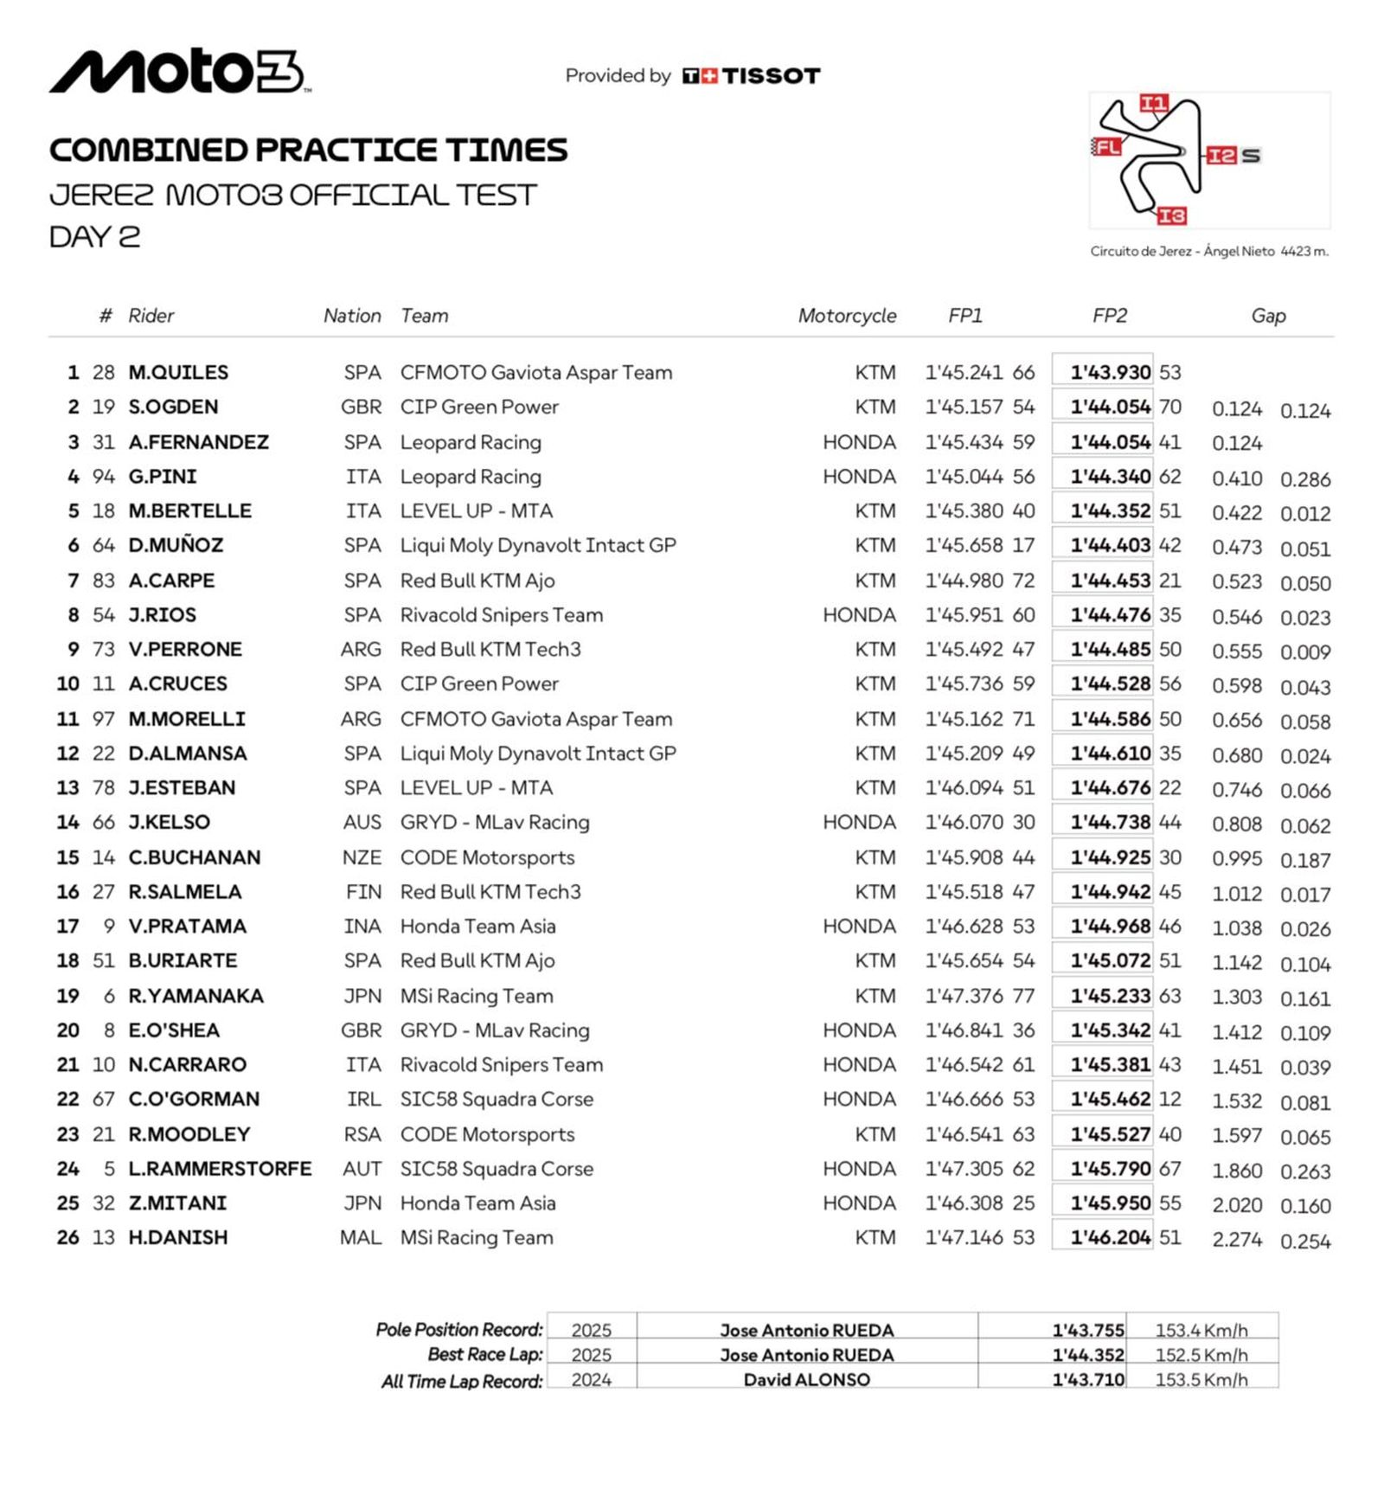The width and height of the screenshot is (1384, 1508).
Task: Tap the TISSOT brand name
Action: (771, 76)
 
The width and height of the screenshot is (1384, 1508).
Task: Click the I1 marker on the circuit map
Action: (1153, 104)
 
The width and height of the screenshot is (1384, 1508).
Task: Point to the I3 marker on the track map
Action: (1171, 215)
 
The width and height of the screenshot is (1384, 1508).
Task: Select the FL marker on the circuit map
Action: (1107, 146)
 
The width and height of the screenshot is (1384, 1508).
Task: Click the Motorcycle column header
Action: (847, 316)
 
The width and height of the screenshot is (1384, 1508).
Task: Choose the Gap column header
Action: (1268, 316)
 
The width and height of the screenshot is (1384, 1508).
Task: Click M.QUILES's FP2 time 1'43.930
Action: (1110, 372)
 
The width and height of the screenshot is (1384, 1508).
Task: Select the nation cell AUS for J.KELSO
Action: (362, 822)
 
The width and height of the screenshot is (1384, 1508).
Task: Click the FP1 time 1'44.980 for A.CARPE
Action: (964, 581)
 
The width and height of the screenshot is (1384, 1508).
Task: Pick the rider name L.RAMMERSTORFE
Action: (220, 1168)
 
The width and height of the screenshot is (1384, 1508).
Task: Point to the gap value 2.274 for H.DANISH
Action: (1237, 1239)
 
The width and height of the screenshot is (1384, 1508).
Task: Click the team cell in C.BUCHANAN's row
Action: (487, 857)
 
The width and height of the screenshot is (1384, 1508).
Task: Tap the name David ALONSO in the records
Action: (806, 1379)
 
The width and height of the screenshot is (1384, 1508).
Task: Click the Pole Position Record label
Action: (459, 1329)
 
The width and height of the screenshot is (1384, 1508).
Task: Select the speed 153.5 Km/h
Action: (1201, 1379)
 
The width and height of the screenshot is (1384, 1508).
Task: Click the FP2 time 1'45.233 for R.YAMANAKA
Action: (1110, 996)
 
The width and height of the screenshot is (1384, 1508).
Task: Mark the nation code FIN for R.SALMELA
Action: (363, 891)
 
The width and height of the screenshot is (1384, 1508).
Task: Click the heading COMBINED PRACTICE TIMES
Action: (308, 150)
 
